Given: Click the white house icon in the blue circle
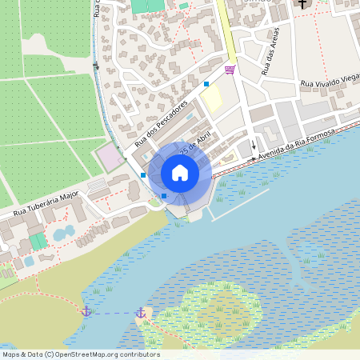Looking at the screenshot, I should click(180, 173).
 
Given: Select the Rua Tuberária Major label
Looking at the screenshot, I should click(48, 204).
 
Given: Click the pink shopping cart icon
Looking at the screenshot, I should click(230, 70).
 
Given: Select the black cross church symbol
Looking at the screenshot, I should click(302, 4).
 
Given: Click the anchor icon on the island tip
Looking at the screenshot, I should click(141, 312).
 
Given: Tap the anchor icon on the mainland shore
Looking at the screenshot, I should click(86, 310).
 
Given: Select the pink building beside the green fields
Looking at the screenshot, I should click(110, 157).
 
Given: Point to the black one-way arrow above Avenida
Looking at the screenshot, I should click(254, 146).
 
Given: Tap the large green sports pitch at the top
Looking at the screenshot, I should click(145, 6).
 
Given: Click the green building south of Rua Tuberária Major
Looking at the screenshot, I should click(38, 241).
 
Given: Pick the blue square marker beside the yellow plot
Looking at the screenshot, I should click(206, 83).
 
